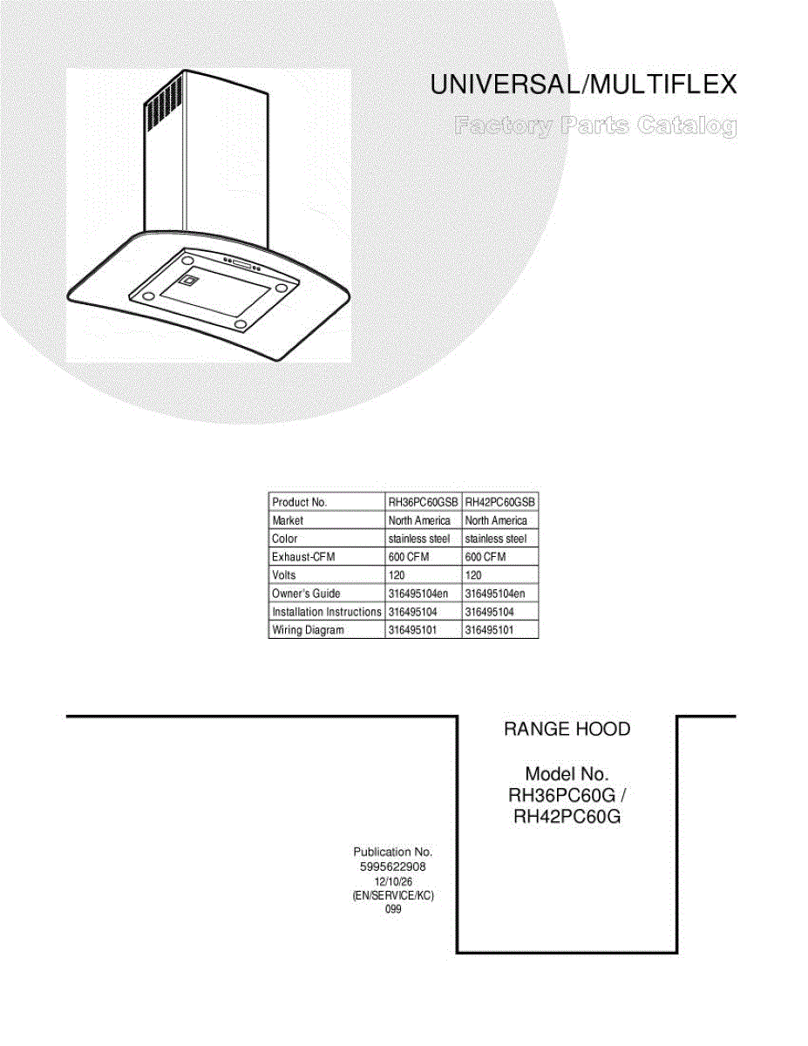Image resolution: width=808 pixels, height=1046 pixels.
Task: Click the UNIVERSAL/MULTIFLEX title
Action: pos(584,85)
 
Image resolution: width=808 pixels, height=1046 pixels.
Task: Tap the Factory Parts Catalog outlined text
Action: pos(594,127)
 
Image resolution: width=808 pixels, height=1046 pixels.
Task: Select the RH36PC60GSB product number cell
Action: pos(423,502)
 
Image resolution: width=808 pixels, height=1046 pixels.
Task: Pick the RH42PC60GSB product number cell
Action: pos(500,502)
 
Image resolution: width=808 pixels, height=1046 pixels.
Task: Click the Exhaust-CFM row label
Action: pos(303,557)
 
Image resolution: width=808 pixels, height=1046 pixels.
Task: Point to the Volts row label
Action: pos(284,575)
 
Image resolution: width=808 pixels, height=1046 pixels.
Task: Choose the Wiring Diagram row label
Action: pos(308,630)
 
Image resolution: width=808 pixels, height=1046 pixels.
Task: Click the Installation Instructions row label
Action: pos(326,612)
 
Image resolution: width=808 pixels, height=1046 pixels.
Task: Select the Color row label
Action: pos(285,539)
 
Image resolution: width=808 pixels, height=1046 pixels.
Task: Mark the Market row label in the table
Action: pos(288,520)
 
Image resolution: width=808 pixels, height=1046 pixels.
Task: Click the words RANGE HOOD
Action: pos(567,730)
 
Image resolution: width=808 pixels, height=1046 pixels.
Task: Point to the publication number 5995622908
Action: pos(392,867)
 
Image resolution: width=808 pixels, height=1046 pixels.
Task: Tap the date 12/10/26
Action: pos(392,882)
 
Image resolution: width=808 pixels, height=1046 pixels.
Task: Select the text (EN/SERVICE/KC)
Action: pos(392,896)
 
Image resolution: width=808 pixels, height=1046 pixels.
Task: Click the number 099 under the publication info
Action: pos(392,910)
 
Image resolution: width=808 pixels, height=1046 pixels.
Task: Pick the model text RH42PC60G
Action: pos(567,818)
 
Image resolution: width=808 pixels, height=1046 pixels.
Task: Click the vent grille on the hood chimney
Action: pos(163,104)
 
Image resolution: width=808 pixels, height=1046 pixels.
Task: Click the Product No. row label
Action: pos(299,502)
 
